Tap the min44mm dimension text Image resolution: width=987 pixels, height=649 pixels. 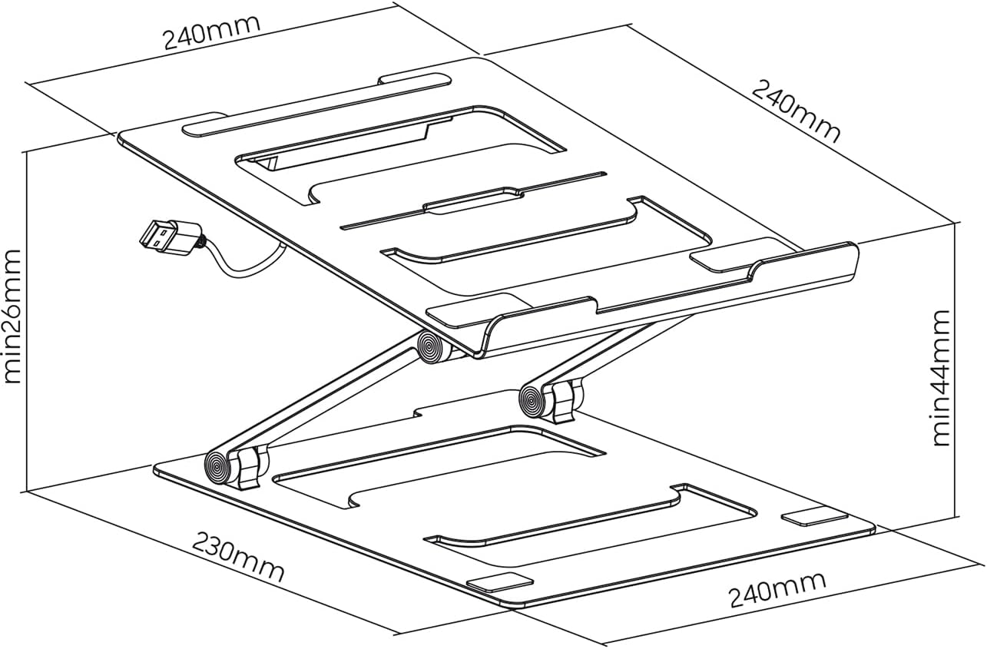click(942, 378)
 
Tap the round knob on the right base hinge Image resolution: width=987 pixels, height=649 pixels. click(532, 399)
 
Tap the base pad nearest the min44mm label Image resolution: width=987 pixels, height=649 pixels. click(814, 517)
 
